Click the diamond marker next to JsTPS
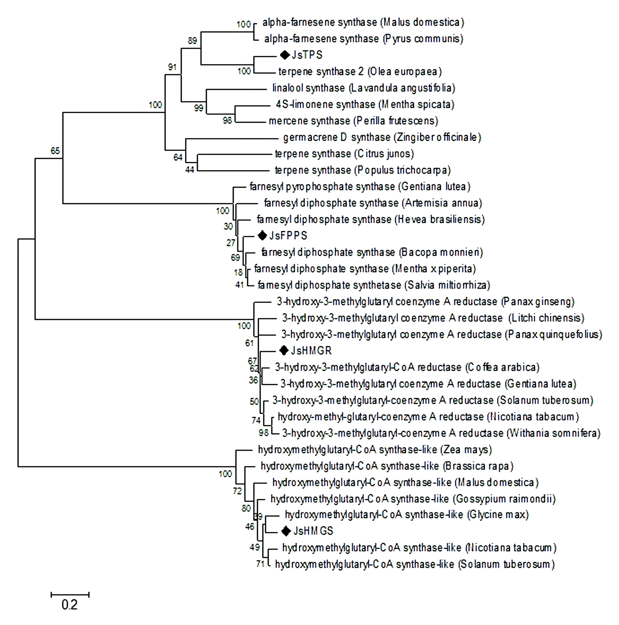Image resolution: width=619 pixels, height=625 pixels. (x=285, y=55)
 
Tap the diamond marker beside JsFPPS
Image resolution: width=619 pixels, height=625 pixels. (x=262, y=236)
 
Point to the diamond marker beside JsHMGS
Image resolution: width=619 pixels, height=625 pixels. (x=286, y=531)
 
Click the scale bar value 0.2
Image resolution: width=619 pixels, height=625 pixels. (x=69, y=604)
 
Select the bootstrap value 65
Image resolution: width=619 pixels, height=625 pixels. (x=55, y=151)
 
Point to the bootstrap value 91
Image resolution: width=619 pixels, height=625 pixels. (x=172, y=67)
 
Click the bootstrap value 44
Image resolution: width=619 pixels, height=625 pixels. (x=189, y=170)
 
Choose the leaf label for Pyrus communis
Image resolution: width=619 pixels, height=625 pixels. (x=363, y=39)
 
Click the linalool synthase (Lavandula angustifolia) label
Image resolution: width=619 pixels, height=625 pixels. (x=363, y=88)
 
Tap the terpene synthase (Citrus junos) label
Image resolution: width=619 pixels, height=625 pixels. (x=344, y=154)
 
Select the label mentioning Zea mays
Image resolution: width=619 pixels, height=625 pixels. (x=375, y=450)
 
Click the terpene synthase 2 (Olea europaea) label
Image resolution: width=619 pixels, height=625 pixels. (x=360, y=71)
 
